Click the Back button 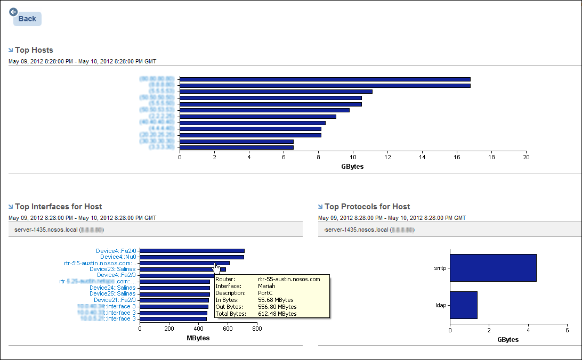27,19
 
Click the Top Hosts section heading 34,50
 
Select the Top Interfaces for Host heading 58,207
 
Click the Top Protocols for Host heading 367,207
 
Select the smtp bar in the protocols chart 493,268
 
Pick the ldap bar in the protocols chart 464,305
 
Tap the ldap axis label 441,305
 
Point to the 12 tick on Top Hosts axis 387,158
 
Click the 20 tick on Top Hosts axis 526,158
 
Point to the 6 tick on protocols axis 567,330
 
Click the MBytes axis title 198,338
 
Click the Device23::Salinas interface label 113,269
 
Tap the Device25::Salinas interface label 113,293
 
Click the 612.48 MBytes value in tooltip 277,314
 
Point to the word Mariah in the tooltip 266,286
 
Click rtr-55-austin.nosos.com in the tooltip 289,279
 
